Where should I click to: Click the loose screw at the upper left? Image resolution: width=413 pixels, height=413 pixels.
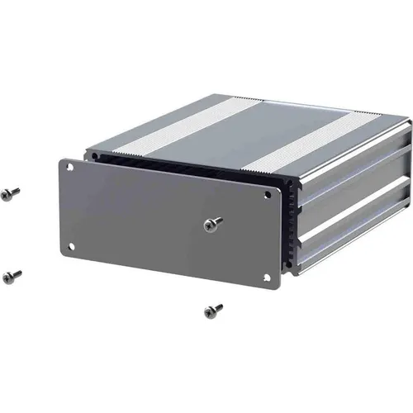[11, 192]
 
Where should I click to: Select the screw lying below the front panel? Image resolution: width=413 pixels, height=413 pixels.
[213, 311]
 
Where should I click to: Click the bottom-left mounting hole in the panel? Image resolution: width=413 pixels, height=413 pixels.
[71, 245]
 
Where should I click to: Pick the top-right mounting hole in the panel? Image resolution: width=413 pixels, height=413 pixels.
[268, 195]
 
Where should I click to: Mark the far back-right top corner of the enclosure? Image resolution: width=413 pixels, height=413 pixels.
[408, 121]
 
